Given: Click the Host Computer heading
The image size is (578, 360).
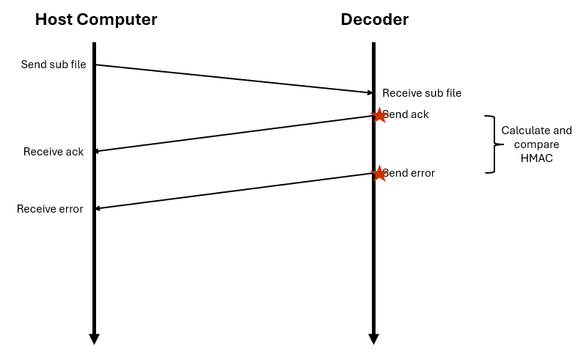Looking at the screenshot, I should [x=96, y=20].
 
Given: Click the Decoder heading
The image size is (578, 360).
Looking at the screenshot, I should [x=374, y=20].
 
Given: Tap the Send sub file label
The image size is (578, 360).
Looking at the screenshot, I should [x=54, y=65].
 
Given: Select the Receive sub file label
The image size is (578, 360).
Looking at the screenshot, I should [x=422, y=93].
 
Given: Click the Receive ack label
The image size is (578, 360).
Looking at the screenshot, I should [x=54, y=152].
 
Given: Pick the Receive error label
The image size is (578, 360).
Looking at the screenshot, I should [x=50, y=209].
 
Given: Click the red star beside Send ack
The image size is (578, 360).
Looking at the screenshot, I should [x=378, y=115].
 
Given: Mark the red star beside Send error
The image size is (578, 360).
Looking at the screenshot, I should [x=378, y=174].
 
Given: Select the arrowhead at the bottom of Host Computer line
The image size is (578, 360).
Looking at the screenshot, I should [x=94, y=339].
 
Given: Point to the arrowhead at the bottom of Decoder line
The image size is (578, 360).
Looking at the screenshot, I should [x=373, y=339].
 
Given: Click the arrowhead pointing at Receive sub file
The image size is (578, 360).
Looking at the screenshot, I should [x=370, y=92].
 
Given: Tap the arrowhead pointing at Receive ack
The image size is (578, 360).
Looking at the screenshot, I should [x=98, y=151].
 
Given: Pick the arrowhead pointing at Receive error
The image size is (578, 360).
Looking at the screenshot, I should [x=98, y=208].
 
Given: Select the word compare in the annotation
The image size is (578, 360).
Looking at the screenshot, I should [x=536, y=144].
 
